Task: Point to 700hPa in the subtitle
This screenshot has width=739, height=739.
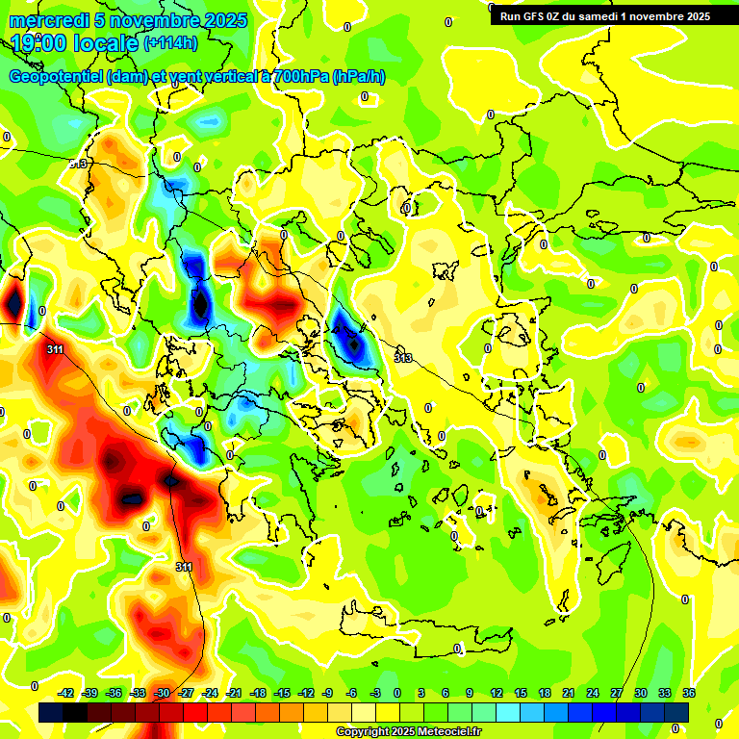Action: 300,77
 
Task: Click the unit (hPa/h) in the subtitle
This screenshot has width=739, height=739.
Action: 359,77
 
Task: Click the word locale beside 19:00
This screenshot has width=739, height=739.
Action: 107,42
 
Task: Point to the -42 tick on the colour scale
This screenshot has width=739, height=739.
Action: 66,693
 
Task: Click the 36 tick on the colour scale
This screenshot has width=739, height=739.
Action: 688,693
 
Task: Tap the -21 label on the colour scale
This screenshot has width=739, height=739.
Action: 234,693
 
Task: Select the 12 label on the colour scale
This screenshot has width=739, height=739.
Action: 497,693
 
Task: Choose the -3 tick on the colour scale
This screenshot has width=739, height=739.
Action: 376,693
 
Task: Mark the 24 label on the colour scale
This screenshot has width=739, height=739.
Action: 593,693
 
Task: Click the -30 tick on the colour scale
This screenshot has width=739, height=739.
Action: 162,693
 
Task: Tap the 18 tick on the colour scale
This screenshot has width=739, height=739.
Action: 545,693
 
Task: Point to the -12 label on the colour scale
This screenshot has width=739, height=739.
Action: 305,693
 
